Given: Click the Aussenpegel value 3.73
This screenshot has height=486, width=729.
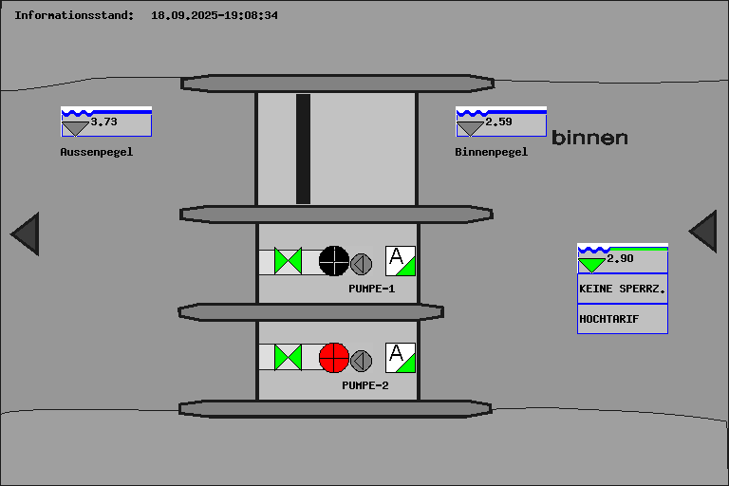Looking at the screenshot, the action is pyautogui.click(x=103, y=121).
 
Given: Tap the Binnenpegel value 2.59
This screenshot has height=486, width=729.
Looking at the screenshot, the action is pyautogui.click(x=498, y=121).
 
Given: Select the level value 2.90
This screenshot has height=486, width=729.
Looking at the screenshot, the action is pyautogui.click(x=620, y=258).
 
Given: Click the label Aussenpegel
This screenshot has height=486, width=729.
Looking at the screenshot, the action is pyautogui.click(x=97, y=152).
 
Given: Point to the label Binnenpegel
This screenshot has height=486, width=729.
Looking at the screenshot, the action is pyautogui.click(x=492, y=152).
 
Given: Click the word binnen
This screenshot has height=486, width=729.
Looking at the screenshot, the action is pyautogui.click(x=589, y=138).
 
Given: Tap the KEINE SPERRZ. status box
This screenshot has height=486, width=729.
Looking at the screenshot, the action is pyautogui.click(x=623, y=289).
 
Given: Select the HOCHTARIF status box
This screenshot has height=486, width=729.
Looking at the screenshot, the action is pyautogui.click(x=623, y=319).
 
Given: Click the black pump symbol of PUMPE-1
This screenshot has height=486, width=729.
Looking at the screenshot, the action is pyautogui.click(x=334, y=261).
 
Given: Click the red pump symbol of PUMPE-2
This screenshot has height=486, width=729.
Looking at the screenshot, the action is pyautogui.click(x=334, y=358).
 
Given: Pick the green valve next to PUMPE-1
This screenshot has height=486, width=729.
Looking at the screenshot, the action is pyautogui.click(x=289, y=261).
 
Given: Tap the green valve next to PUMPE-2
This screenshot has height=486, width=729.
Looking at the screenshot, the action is pyautogui.click(x=289, y=358).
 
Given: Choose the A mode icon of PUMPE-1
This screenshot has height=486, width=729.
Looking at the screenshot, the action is pyautogui.click(x=401, y=261).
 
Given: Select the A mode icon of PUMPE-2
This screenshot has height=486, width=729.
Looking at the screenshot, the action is pyautogui.click(x=401, y=358).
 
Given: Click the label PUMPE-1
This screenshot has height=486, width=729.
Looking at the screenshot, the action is pyautogui.click(x=372, y=289).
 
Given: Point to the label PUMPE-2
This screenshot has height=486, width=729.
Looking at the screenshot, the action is pyautogui.click(x=365, y=385).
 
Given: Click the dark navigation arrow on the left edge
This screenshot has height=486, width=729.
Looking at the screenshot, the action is pyautogui.click(x=27, y=234).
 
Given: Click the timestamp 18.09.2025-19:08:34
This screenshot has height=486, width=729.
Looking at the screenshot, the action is pyautogui.click(x=215, y=15).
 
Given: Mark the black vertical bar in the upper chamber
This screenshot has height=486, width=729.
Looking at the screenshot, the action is pyautogui.click(x=303, y=149).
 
